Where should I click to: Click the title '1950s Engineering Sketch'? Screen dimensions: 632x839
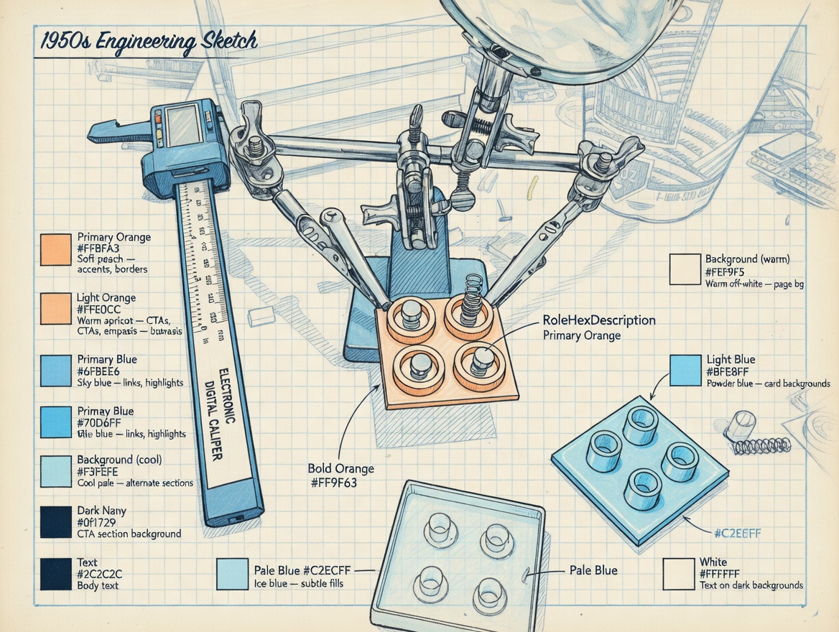point(147,42)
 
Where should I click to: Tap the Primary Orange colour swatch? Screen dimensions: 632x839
point(55,250)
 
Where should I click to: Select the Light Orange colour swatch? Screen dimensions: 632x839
point(55,309)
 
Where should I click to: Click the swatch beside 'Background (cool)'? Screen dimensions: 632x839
point(55,471)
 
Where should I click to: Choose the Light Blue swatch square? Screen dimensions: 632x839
point(685,371)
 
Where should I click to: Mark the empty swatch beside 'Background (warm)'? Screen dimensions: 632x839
point(685,269)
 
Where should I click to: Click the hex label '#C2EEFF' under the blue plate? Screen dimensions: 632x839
point(738,534)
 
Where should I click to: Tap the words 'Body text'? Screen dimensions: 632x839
point(98,585)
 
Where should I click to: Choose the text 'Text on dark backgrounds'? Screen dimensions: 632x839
point(751,585)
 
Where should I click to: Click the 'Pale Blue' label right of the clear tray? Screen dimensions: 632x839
point(593,570)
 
